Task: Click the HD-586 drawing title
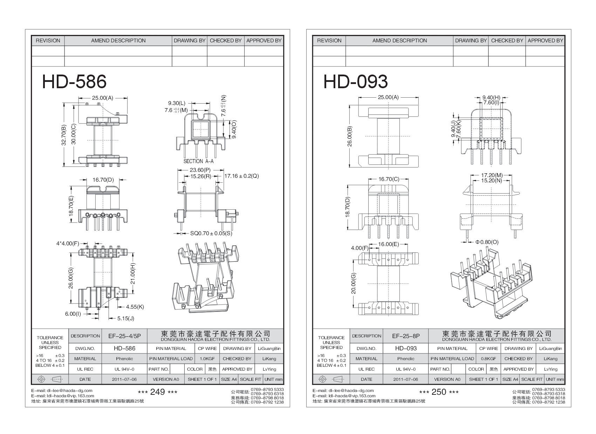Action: tap(74, 82)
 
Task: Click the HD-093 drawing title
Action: tap(355, 82)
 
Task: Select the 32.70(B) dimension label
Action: tap(63, 135)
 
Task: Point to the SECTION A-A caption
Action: tap(198, 161)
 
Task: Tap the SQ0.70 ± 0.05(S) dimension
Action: tap(211, 233)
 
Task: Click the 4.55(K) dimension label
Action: tap(135, 307)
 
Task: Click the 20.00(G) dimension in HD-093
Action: tap(353, 283)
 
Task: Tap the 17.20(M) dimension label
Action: tap(492, 175)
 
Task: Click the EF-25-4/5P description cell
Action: tap(124, 336)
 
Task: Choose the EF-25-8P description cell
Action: tap(406, 336)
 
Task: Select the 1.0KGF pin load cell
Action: tap(207, 359)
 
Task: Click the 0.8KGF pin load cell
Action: tap(488, 359)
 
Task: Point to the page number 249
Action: tap(157, 392)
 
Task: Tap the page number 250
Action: tap(439, 392)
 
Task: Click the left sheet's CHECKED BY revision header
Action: tap(226, 41)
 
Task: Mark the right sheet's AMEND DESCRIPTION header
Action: tap(399, 41)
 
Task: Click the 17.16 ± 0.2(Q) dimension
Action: tap(241, 176)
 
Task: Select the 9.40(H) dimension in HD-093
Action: tap(491, 97)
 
